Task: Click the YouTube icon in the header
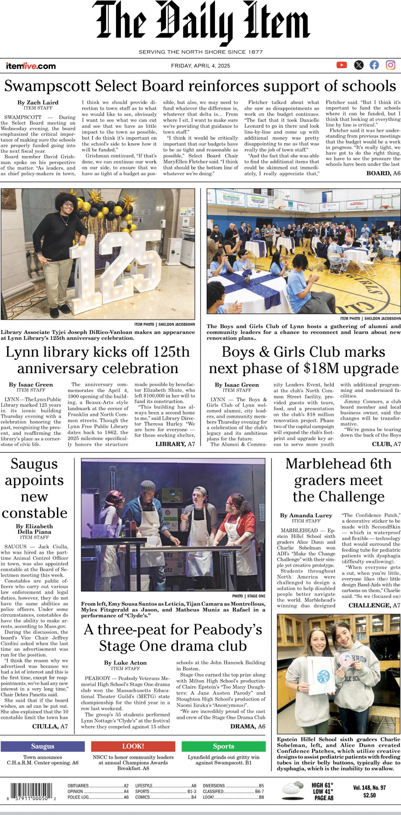pos(341,65)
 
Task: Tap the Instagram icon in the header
pos(390,65)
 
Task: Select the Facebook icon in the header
pos(374,65)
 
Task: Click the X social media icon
pos(359,65)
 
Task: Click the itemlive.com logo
pos(31,66)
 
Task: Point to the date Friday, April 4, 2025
pos(200,66)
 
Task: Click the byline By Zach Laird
pos(38,103)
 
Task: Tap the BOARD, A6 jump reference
pos(383,173)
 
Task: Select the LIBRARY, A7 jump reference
pos(175,444)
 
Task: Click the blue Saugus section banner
pos(43,746)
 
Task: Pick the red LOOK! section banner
pos(133,746)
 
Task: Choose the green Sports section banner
pos(224,746)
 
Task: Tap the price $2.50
pos(369,795)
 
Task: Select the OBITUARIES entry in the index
pos(78,786)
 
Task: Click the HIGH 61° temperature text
pos(322,785)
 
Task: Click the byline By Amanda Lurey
pos(306,515)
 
